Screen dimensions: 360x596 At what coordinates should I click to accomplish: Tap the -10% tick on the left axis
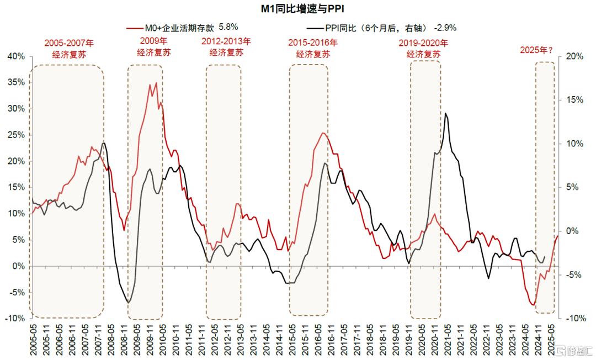(x=15, y=319)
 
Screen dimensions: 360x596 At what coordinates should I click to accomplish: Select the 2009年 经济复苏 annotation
(x=145, y=46)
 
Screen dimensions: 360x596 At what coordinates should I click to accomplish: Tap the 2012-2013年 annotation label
(x=226, y=46)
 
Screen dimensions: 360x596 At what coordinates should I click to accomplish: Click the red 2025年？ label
(x=536, y=50)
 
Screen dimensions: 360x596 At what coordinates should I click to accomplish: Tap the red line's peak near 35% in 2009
(x=156, y=83)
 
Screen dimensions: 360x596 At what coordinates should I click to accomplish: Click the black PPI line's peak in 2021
(x=445, y=113)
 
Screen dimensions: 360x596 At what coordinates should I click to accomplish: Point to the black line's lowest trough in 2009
(x=129, y=302)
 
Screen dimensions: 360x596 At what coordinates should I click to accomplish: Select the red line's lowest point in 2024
(x=534, y=305)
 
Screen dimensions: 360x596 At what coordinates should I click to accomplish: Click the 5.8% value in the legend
(x=228, y=27)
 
